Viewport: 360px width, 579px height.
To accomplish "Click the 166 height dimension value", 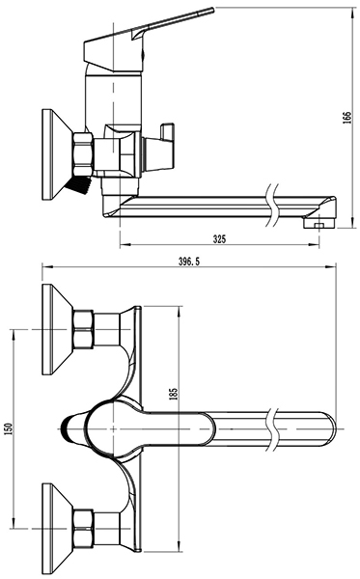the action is click(x=347, y=117).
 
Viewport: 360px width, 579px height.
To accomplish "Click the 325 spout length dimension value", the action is click(x=219, y=239).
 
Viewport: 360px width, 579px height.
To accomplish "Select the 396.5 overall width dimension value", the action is click(x=189, y=262).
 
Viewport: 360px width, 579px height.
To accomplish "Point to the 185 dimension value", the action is click(x=174, y=394).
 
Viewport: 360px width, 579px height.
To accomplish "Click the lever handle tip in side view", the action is click(x=212, y=10).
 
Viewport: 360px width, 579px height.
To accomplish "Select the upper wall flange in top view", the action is click(x=57, y=330).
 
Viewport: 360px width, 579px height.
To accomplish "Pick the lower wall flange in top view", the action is click(x=57, y=529).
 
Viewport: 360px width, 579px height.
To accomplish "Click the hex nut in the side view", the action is click(x=83, y=154).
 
